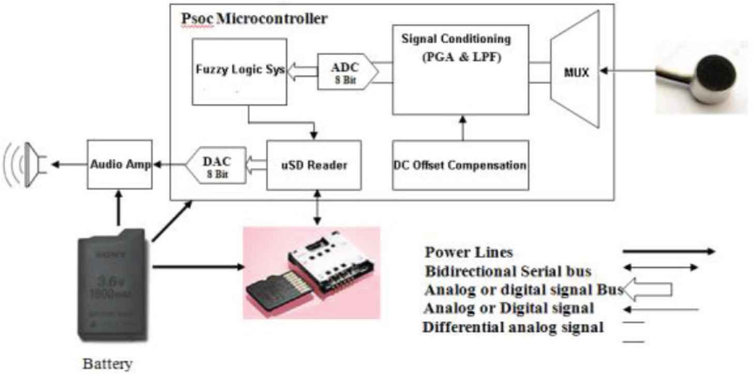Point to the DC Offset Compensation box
pyautogui.click(x=460, y=165)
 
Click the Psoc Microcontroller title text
pyautogui.click(x=254, y=19)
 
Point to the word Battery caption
pyautogui.click(x=107, y=364)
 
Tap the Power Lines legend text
pyautogui.click(x=469, y=252)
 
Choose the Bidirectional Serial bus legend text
pyautogui.click(x=508, y=271)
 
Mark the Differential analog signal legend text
pyautogui.click(x=513, y=328)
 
